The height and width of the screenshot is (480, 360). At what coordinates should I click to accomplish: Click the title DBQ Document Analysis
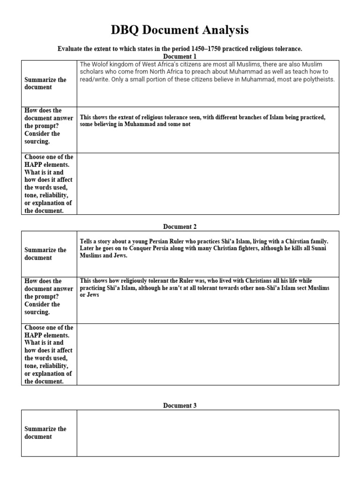tap(180, 30)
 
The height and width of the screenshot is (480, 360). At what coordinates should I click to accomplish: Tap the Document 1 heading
tap(180, 56)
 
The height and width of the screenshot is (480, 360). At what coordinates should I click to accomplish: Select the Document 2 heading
tap(180, 226)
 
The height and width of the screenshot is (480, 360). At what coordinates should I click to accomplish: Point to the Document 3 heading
tap(180, 405)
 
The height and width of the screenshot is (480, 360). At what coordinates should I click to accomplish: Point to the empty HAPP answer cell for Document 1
tap(208, 184)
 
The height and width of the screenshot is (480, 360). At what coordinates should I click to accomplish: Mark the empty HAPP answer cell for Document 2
tap(208, 354)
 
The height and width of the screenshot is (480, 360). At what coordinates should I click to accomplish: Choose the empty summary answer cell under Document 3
tap(208, 433)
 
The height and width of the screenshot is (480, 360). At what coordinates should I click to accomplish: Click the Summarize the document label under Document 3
tap(45, 433)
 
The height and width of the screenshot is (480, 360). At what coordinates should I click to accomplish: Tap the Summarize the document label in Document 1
tap(45, 83)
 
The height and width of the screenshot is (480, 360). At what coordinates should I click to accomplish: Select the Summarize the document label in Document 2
tap(45, 254)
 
